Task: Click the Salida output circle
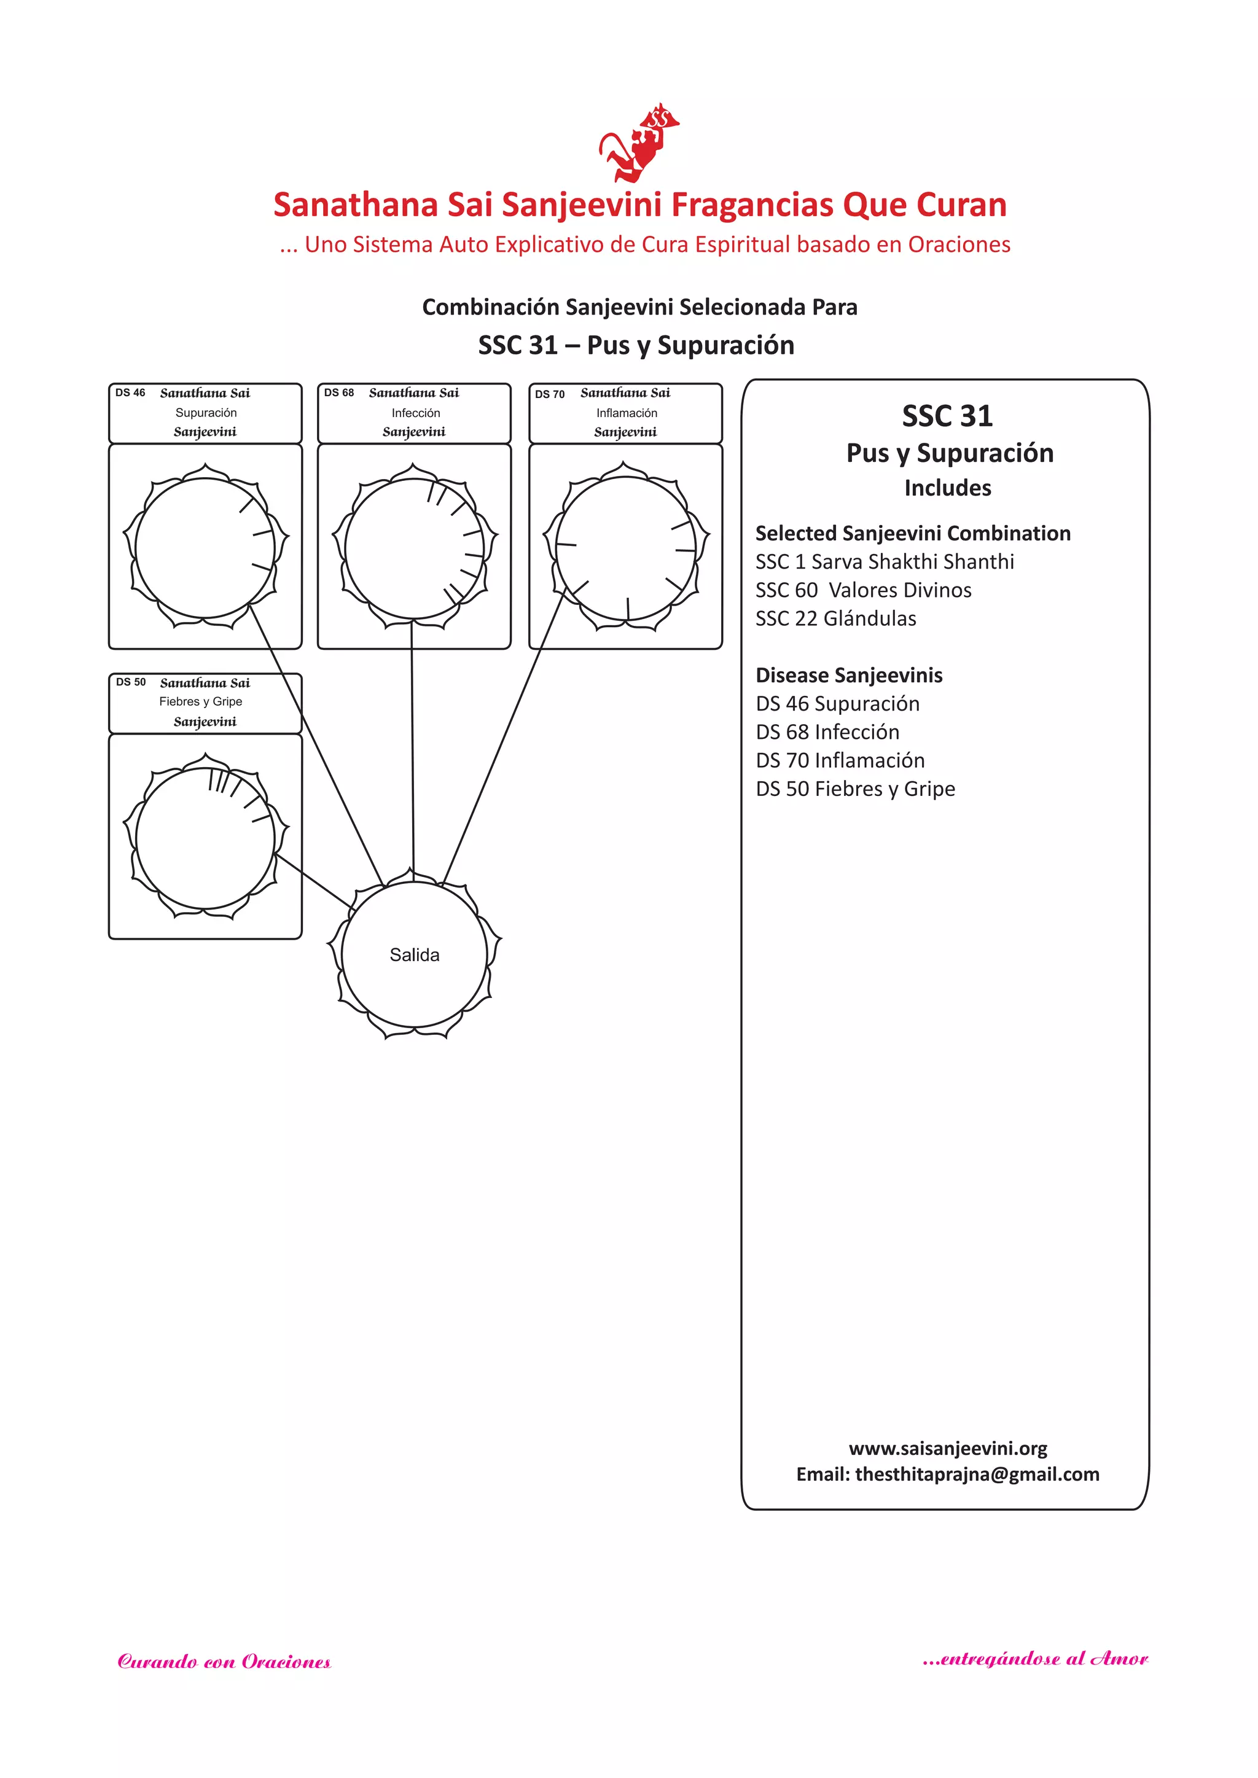pyautogui.click(x=415, y=955)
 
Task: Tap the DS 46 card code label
pyautogui.click(x=130, y=392)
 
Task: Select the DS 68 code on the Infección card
pyautogui.click(x=338, y=392)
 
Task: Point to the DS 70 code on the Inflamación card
pyautogui.click(x=549, y=394)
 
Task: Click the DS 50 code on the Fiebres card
pyautogui.click(x=131, y=682)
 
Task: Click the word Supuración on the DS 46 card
pyautogui.click(x=206, y=413)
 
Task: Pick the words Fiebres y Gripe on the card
pyautogui.click(x=201, y=701)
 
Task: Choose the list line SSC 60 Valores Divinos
pyautogui.click(x=863, y=590)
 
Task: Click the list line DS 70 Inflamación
pyautogui.click(x=840, y=760)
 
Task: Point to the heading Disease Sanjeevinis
pyautogui.click(x=849, y=675)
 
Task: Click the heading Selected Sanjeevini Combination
pyautogui.click(x=913, y=534)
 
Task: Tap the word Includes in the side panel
pyautogui.click(x=947, y=488)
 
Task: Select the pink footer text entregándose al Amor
pyautogui.click(x=1035, y=1659)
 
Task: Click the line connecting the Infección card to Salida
pyautogui.click(x=412, y=743)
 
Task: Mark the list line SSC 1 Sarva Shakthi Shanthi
pyautogui.click(x=884, y=561)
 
